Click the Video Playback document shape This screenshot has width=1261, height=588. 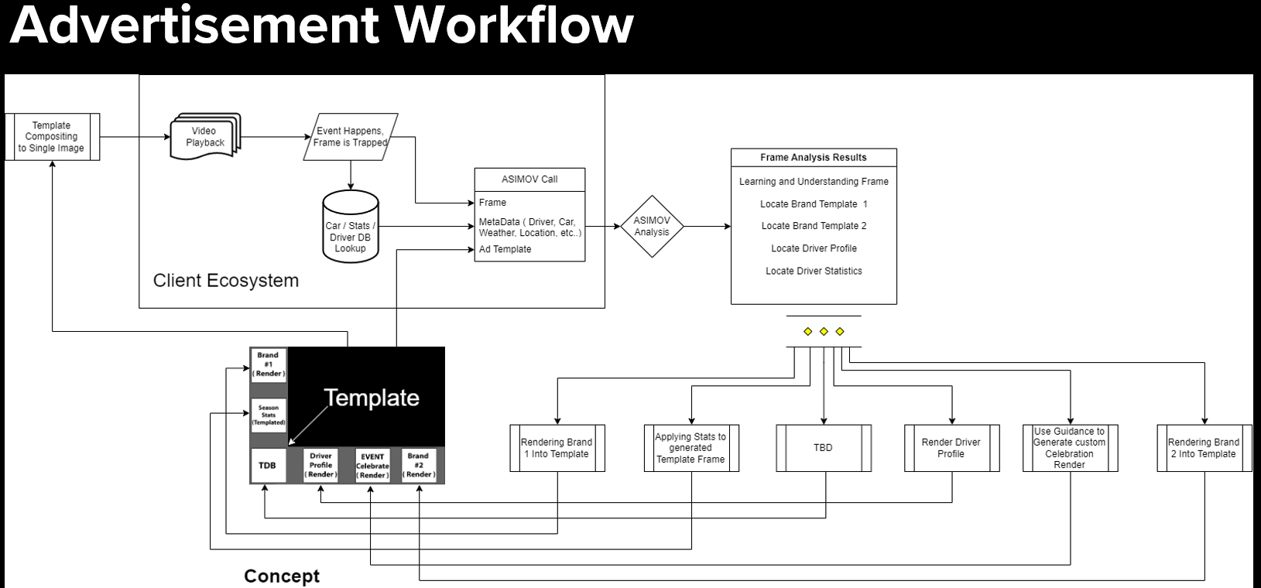tap(205, 137)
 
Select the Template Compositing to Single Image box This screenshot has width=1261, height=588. tap(52, 137)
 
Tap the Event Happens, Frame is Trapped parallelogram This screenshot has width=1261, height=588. tap(350, 137)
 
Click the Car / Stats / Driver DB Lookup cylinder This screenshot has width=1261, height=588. tap(350, 229)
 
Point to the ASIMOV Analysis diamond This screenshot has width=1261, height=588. tap(652, 226)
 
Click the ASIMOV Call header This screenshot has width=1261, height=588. tap(529, 179)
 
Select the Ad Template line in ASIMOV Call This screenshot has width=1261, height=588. tap(505, 249)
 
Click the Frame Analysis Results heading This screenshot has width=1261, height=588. tap(814, 157)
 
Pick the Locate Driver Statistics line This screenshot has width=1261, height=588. tap(814, 271)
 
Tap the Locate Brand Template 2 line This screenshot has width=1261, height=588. tap(814, 226)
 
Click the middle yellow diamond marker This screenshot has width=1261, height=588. tap(824, 331)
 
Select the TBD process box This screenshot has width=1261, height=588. tap(823, 448)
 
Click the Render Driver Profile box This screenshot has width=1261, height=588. tap(951, 448)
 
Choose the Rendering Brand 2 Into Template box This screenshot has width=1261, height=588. tap(1204, 448)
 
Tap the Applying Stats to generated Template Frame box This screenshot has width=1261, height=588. tap(690, 448)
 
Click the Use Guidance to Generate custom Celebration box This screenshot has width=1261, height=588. tap(1069, 448)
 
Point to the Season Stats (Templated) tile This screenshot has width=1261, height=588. tap(269, 415)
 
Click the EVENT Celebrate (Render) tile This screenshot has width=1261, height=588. tap(372, 466)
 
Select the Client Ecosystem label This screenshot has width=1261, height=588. tap(226, 280)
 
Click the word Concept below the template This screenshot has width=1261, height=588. tap(282, 576)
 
